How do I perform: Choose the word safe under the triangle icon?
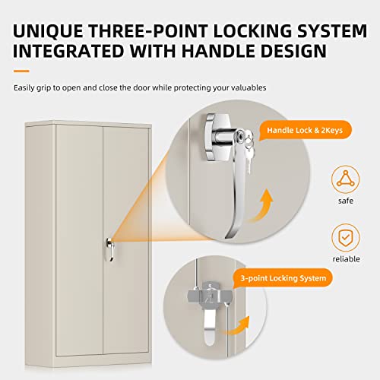346,202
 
